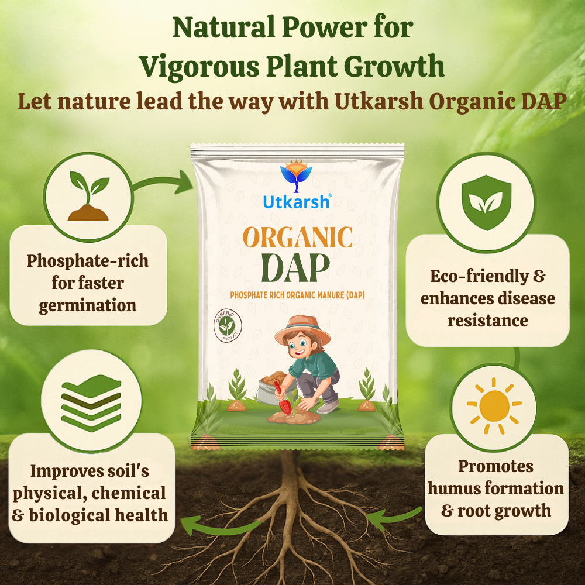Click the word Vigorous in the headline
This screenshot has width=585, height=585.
[x=199, y=67]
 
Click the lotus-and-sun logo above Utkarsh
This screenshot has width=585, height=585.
[x=296, y=176]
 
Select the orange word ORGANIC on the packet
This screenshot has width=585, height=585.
[x=297, y=238]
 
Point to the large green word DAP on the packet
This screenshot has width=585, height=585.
[x=295, y=268]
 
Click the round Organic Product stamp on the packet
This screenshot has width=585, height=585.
[x=228, y=325]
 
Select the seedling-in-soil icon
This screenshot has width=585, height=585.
[x=89, y=196]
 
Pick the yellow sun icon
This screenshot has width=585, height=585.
[x=494, y=407]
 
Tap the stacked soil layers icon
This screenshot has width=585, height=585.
[x=91, y=403]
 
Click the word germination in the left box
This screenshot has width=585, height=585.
[x=88, y=306]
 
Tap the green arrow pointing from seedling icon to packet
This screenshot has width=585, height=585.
[x=164, y=182]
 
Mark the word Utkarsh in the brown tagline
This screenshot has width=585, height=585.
[x=378, y=101]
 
